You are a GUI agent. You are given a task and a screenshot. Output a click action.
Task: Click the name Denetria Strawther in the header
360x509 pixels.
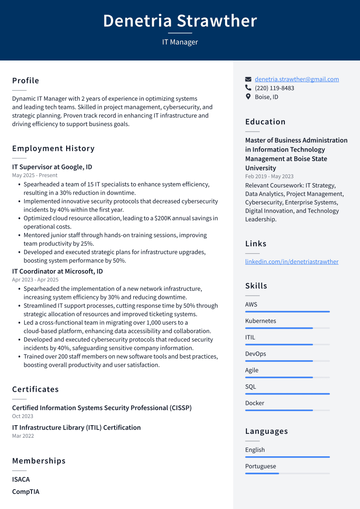180,21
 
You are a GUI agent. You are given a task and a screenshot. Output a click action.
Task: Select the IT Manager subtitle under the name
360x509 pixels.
180,42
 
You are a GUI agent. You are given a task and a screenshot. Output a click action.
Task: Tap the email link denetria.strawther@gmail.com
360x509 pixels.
296,79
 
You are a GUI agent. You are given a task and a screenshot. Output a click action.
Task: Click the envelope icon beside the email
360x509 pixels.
248,80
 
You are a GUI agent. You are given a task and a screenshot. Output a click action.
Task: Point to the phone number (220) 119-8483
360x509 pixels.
274,88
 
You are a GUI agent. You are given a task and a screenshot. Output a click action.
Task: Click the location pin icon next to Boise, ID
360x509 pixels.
248,97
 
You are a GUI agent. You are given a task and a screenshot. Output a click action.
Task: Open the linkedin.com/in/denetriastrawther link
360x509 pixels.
292,261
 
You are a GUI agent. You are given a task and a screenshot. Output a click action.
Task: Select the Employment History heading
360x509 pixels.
53,149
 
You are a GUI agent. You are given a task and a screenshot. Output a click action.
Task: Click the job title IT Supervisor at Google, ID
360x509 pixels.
52,167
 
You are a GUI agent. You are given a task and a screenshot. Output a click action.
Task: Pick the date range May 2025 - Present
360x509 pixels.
35,175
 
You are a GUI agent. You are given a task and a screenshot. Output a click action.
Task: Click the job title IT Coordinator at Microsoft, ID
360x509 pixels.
57,271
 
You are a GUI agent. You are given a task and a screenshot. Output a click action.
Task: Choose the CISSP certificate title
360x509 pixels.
102,408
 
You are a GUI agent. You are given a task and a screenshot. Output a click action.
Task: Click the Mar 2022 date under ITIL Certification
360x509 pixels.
23,436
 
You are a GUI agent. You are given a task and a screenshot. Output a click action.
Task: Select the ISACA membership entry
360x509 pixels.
21,479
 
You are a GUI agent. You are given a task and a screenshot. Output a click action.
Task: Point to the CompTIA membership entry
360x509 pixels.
25,492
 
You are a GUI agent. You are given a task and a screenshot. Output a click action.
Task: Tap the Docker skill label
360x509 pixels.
255,403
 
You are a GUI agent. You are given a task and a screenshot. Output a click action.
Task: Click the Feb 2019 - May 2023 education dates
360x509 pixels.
269,176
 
